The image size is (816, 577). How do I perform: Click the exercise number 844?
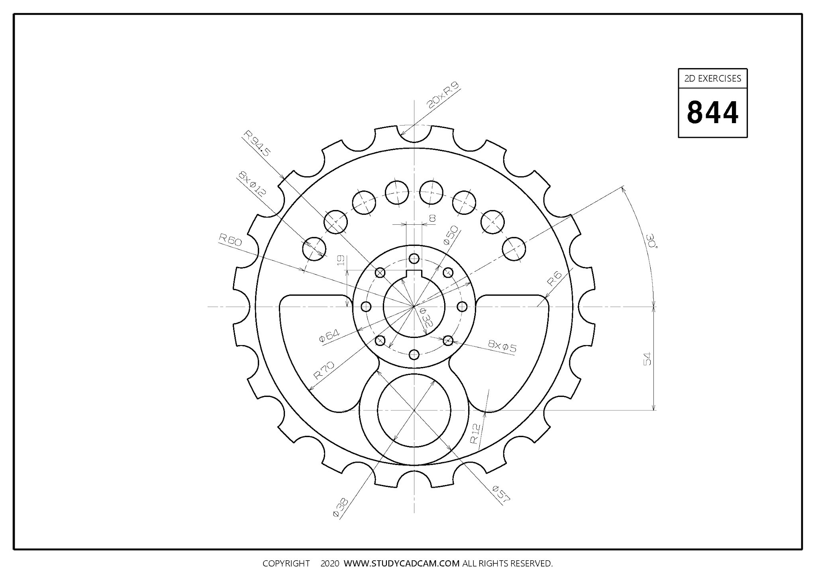point(712,113)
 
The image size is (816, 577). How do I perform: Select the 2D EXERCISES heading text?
point(712,79)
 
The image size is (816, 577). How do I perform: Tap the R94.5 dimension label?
point(257,143)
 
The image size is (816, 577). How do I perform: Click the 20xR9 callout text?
point(443,95)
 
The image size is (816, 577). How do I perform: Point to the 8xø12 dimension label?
point(252,184)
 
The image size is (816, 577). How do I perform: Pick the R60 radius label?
point(230,240)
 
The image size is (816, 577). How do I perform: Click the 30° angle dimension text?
point(652,241)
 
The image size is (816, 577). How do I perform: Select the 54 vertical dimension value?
point(647,358)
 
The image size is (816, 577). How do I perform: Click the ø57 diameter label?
point(501,493)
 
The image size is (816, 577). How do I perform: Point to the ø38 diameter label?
point(341,507)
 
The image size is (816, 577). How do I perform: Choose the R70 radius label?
point(324,370)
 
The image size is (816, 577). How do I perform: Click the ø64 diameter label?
point(329,336)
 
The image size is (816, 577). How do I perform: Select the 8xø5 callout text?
point(502,346)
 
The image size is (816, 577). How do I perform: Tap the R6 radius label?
point(554,279)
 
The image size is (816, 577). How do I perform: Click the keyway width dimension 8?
point(432,218)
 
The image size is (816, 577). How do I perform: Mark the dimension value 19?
point(341,261)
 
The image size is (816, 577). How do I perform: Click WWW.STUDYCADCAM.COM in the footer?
point(402,563)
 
